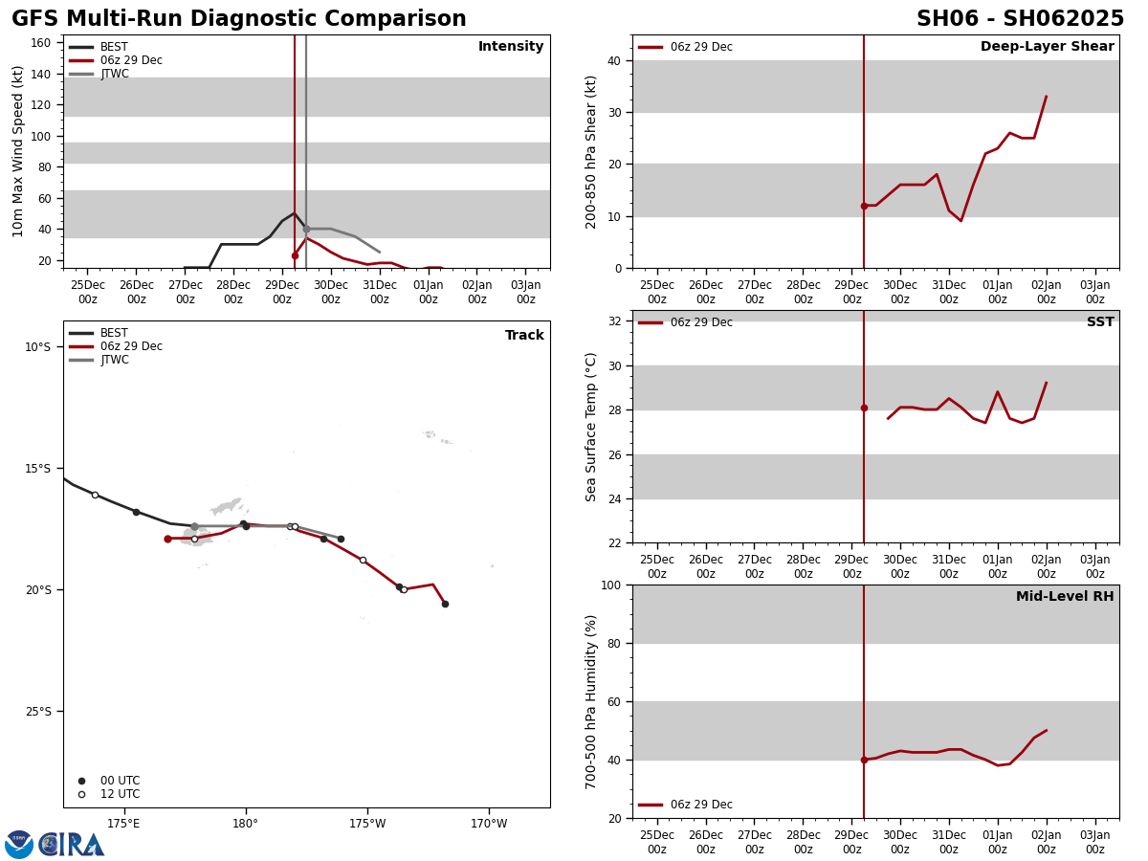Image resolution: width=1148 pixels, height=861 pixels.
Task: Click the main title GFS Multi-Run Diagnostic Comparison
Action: point(239,19)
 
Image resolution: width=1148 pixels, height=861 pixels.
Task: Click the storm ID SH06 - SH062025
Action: point(1020,19)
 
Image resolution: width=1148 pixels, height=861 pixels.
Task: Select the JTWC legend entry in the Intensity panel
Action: point(114,74)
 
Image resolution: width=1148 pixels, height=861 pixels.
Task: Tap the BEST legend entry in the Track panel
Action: point(114,333)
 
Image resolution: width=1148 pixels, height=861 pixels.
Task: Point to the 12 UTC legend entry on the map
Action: point(120,794)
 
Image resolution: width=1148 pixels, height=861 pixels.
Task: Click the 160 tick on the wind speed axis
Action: point(40,43)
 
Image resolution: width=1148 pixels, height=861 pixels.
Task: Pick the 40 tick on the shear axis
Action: point(612,60)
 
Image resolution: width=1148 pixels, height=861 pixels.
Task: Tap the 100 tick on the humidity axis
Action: point(608,585)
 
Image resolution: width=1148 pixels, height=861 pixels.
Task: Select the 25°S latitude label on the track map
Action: point(38,711)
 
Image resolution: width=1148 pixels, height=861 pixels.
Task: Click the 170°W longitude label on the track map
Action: point(489,824)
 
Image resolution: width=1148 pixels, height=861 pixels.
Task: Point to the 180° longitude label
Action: point(245,824)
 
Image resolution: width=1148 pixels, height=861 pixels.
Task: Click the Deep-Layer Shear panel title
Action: point(1047,47)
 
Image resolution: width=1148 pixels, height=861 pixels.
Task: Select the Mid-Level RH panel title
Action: point(1065,597)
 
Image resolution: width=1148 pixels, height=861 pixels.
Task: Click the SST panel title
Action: point(1100,322)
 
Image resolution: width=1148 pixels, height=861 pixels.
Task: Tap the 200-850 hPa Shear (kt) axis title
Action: point(591,152)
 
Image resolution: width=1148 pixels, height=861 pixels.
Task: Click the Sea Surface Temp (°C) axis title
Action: point(591,427)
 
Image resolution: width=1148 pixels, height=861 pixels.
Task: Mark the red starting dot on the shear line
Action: point(864,206)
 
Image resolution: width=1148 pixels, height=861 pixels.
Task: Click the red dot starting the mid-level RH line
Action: point(864,760)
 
